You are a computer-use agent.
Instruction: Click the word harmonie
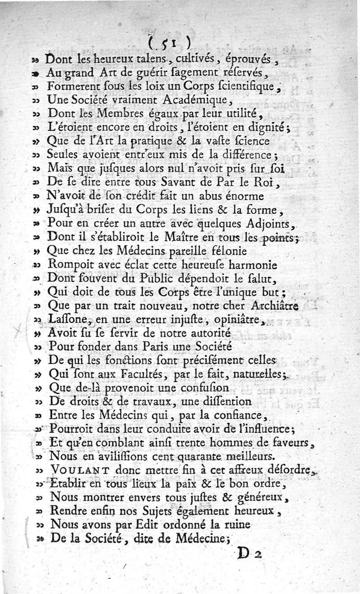pyautogui.click(x=252, y=265)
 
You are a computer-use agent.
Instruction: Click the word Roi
pyautogui.click(x=268, y=183)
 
